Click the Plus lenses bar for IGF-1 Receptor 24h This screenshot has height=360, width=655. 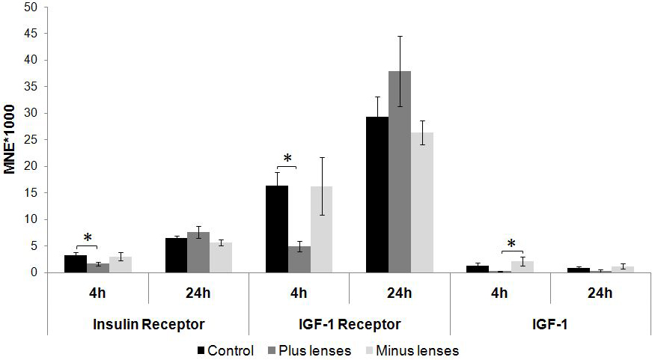coord(400,171)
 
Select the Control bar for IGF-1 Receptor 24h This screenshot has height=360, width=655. coord(377,195)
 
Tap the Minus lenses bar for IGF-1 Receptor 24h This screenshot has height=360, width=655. coord(422,202)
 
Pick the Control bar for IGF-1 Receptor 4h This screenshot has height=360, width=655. coord(277,229)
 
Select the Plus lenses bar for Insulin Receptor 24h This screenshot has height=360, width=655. coord(199,252)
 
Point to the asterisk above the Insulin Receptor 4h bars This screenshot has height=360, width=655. coord(88,239)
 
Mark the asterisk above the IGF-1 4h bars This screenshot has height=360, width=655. coord(511,244)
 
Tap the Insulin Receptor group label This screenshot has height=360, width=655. coord(149,324)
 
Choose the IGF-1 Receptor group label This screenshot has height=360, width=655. coord(349,324)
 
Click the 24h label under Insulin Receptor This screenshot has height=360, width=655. coord(198,293)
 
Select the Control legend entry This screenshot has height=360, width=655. coord(225,350)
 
